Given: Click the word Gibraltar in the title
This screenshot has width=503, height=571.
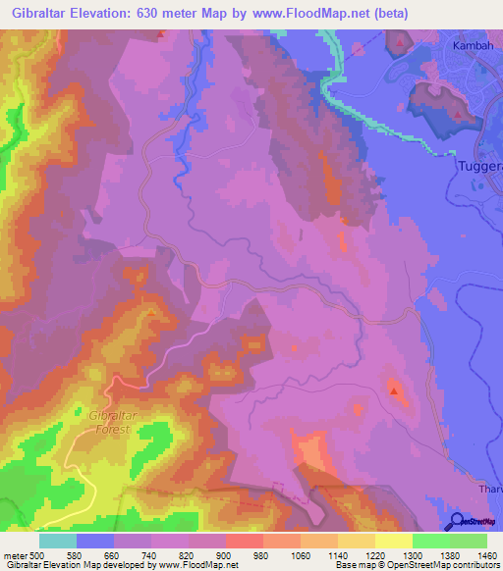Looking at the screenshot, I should coord(46,13).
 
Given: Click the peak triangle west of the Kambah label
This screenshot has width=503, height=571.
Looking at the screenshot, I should coord(401,45).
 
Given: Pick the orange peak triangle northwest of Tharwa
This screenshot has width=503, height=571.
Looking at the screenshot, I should coord(395,391).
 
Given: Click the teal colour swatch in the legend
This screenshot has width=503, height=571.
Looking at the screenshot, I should coord(58,541).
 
